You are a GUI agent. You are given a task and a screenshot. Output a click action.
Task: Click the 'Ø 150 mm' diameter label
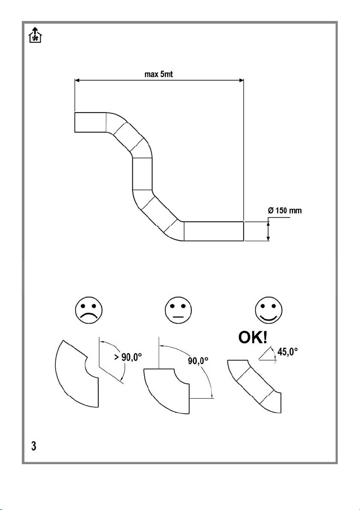pyautogui.click(x=287, y=211)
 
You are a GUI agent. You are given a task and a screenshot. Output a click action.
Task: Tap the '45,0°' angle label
pyautogui.click(x=287, y=352)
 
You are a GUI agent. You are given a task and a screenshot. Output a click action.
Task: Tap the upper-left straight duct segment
pyautogui.click(x=90, y=122)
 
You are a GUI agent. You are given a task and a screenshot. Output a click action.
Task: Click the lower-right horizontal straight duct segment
pyautogui.click(x=214, y=231)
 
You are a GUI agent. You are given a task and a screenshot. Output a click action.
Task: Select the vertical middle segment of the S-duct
pyautogui.click(x=142, y=173)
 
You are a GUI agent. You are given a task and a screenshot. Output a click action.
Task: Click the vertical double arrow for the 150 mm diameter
pyautogui.click(x=268, y=231)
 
